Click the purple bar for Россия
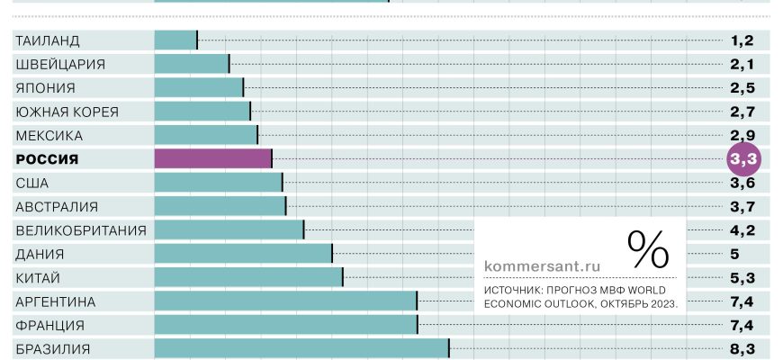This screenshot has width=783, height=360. pyautogui.click(x=213, y=158)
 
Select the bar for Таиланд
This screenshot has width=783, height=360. pyautogui.click(x=175, y=40)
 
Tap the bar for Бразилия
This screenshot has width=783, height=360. pyautogui.click(x=301, y=348)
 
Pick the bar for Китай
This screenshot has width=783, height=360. pyautogui.click(x=248, y=277)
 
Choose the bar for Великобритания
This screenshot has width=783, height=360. pyautogui.click(x=229, y=229)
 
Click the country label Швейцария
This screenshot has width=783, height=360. pyautogui.click(x=60, y=64)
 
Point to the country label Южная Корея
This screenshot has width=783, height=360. pyautogui.click(x=67, y=112)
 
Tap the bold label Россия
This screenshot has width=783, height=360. pyautogui.click(x=48, y=159)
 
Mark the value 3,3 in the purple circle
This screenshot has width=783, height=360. pyautogui.click(x=743, y=159)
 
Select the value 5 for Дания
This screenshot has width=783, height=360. pyautogui.click(x=734, y=254)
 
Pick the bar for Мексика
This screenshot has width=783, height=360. pyautogui.click(x=206, y=135)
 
